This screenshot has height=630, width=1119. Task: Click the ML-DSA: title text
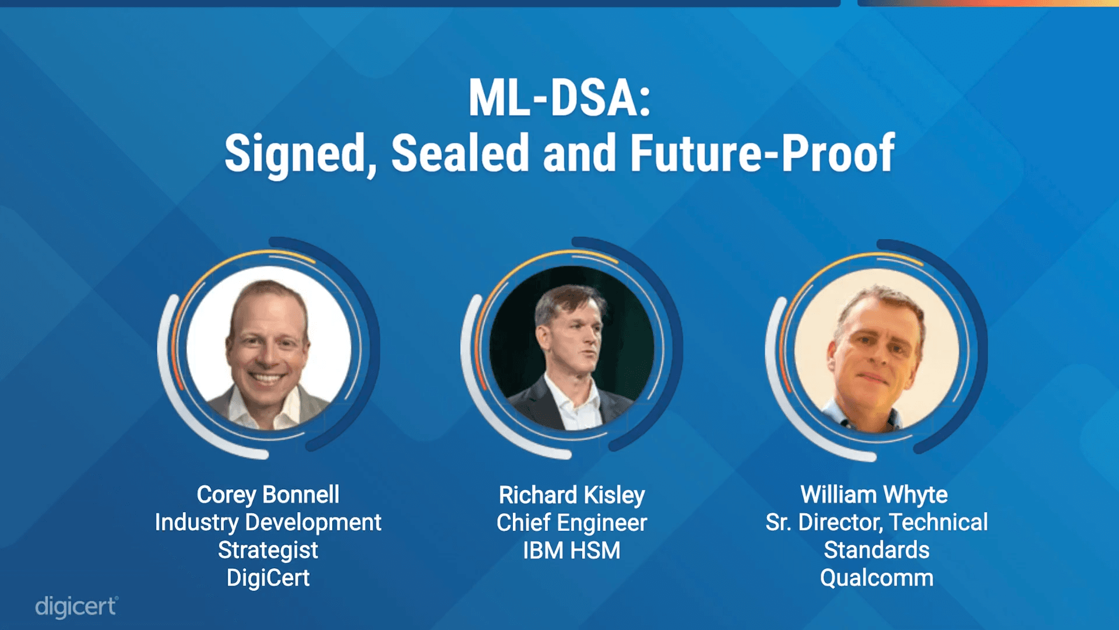tap(559, 98)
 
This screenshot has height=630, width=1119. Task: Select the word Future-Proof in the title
tap(762, 153)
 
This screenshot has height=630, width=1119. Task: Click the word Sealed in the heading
tap(460, 153)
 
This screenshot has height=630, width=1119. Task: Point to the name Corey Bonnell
tap(268, 495)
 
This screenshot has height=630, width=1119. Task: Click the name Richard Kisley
tap(572, 495)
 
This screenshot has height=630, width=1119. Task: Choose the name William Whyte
tap(874, 495)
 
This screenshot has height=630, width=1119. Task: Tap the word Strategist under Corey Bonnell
tap(268, 550)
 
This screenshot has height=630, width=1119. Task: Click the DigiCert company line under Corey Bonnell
tap(268, 578)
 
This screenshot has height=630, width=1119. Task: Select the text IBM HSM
tap(572, 551)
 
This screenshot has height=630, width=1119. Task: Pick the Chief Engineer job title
tap(572, 523)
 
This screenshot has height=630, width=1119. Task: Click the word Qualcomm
tap(877, 578)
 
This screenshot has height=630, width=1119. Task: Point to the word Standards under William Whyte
tap(877, 550)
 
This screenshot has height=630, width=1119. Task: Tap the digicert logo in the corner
tap(76, 607)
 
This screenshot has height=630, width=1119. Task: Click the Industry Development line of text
tap(268, 523)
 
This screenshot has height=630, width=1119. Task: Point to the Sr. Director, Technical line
tap(877, 523)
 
